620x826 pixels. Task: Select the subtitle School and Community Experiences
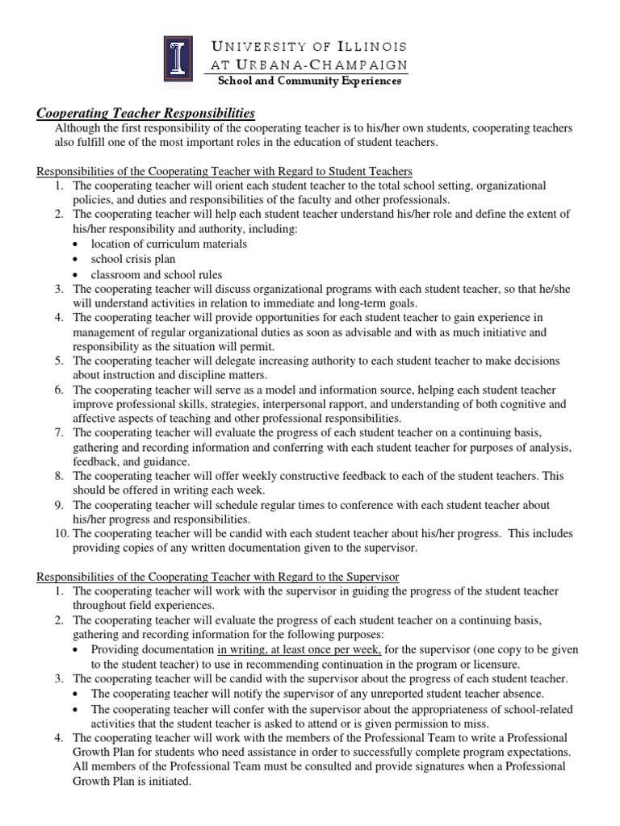pos(308,81)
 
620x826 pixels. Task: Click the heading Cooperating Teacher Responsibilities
pos(147,112)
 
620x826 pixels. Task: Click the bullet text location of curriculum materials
pos(169,244)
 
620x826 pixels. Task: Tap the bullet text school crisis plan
pos(133,259)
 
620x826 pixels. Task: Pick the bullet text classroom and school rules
pos(157,274)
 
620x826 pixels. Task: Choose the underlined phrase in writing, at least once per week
pos(300,649)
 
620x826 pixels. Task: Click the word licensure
pos(496,664)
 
